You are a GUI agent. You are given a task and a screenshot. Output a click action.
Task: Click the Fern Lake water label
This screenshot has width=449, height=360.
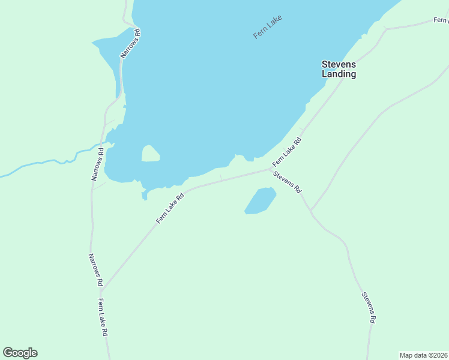coord(268,27)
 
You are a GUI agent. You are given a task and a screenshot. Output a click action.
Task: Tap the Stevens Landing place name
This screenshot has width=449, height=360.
coord(339,69)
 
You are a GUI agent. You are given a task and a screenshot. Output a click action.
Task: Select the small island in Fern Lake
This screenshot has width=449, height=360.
coord(151,154)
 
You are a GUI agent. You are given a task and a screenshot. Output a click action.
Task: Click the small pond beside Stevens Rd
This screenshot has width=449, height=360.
coord(261,200)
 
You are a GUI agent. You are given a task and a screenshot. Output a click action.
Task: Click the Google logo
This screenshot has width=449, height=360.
coord(20,353)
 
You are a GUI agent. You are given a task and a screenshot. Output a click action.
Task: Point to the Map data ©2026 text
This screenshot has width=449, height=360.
coord(423,355)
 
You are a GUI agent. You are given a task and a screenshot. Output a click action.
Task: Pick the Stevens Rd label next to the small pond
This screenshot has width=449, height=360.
coord(287,182)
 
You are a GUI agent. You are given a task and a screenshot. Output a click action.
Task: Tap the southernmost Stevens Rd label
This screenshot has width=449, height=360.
coord(368,307)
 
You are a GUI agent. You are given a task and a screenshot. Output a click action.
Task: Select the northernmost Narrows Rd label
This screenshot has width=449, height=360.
coord(131,43)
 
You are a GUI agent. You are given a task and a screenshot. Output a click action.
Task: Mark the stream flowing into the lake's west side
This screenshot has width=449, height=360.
coord(48,163)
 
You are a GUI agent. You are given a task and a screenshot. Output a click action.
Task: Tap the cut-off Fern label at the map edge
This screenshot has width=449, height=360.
coord(441,20)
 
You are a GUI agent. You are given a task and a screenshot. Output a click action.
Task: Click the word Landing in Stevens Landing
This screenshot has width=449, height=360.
coord(339,74)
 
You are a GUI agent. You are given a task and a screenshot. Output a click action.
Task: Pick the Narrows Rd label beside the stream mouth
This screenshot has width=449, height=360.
coord(97,164)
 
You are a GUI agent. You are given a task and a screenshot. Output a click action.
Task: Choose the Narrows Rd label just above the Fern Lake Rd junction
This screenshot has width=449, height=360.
coord(95,269)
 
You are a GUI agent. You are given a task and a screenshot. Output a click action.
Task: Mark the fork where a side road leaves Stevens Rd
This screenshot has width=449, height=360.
coord(311,211)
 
